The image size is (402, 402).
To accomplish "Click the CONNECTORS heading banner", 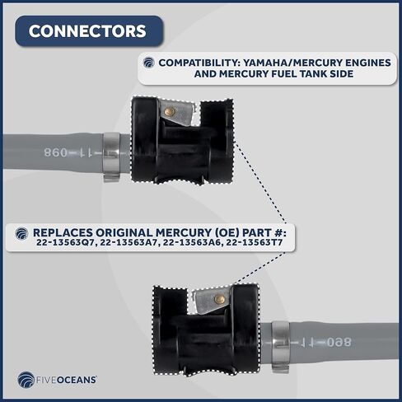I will [87, 31].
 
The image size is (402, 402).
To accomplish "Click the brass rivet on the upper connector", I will [169, 111].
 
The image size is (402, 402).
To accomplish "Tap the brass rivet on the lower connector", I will [219, 299].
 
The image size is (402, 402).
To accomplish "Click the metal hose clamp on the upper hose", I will [111, 156].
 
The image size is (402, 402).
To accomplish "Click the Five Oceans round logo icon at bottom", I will [26, 381].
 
